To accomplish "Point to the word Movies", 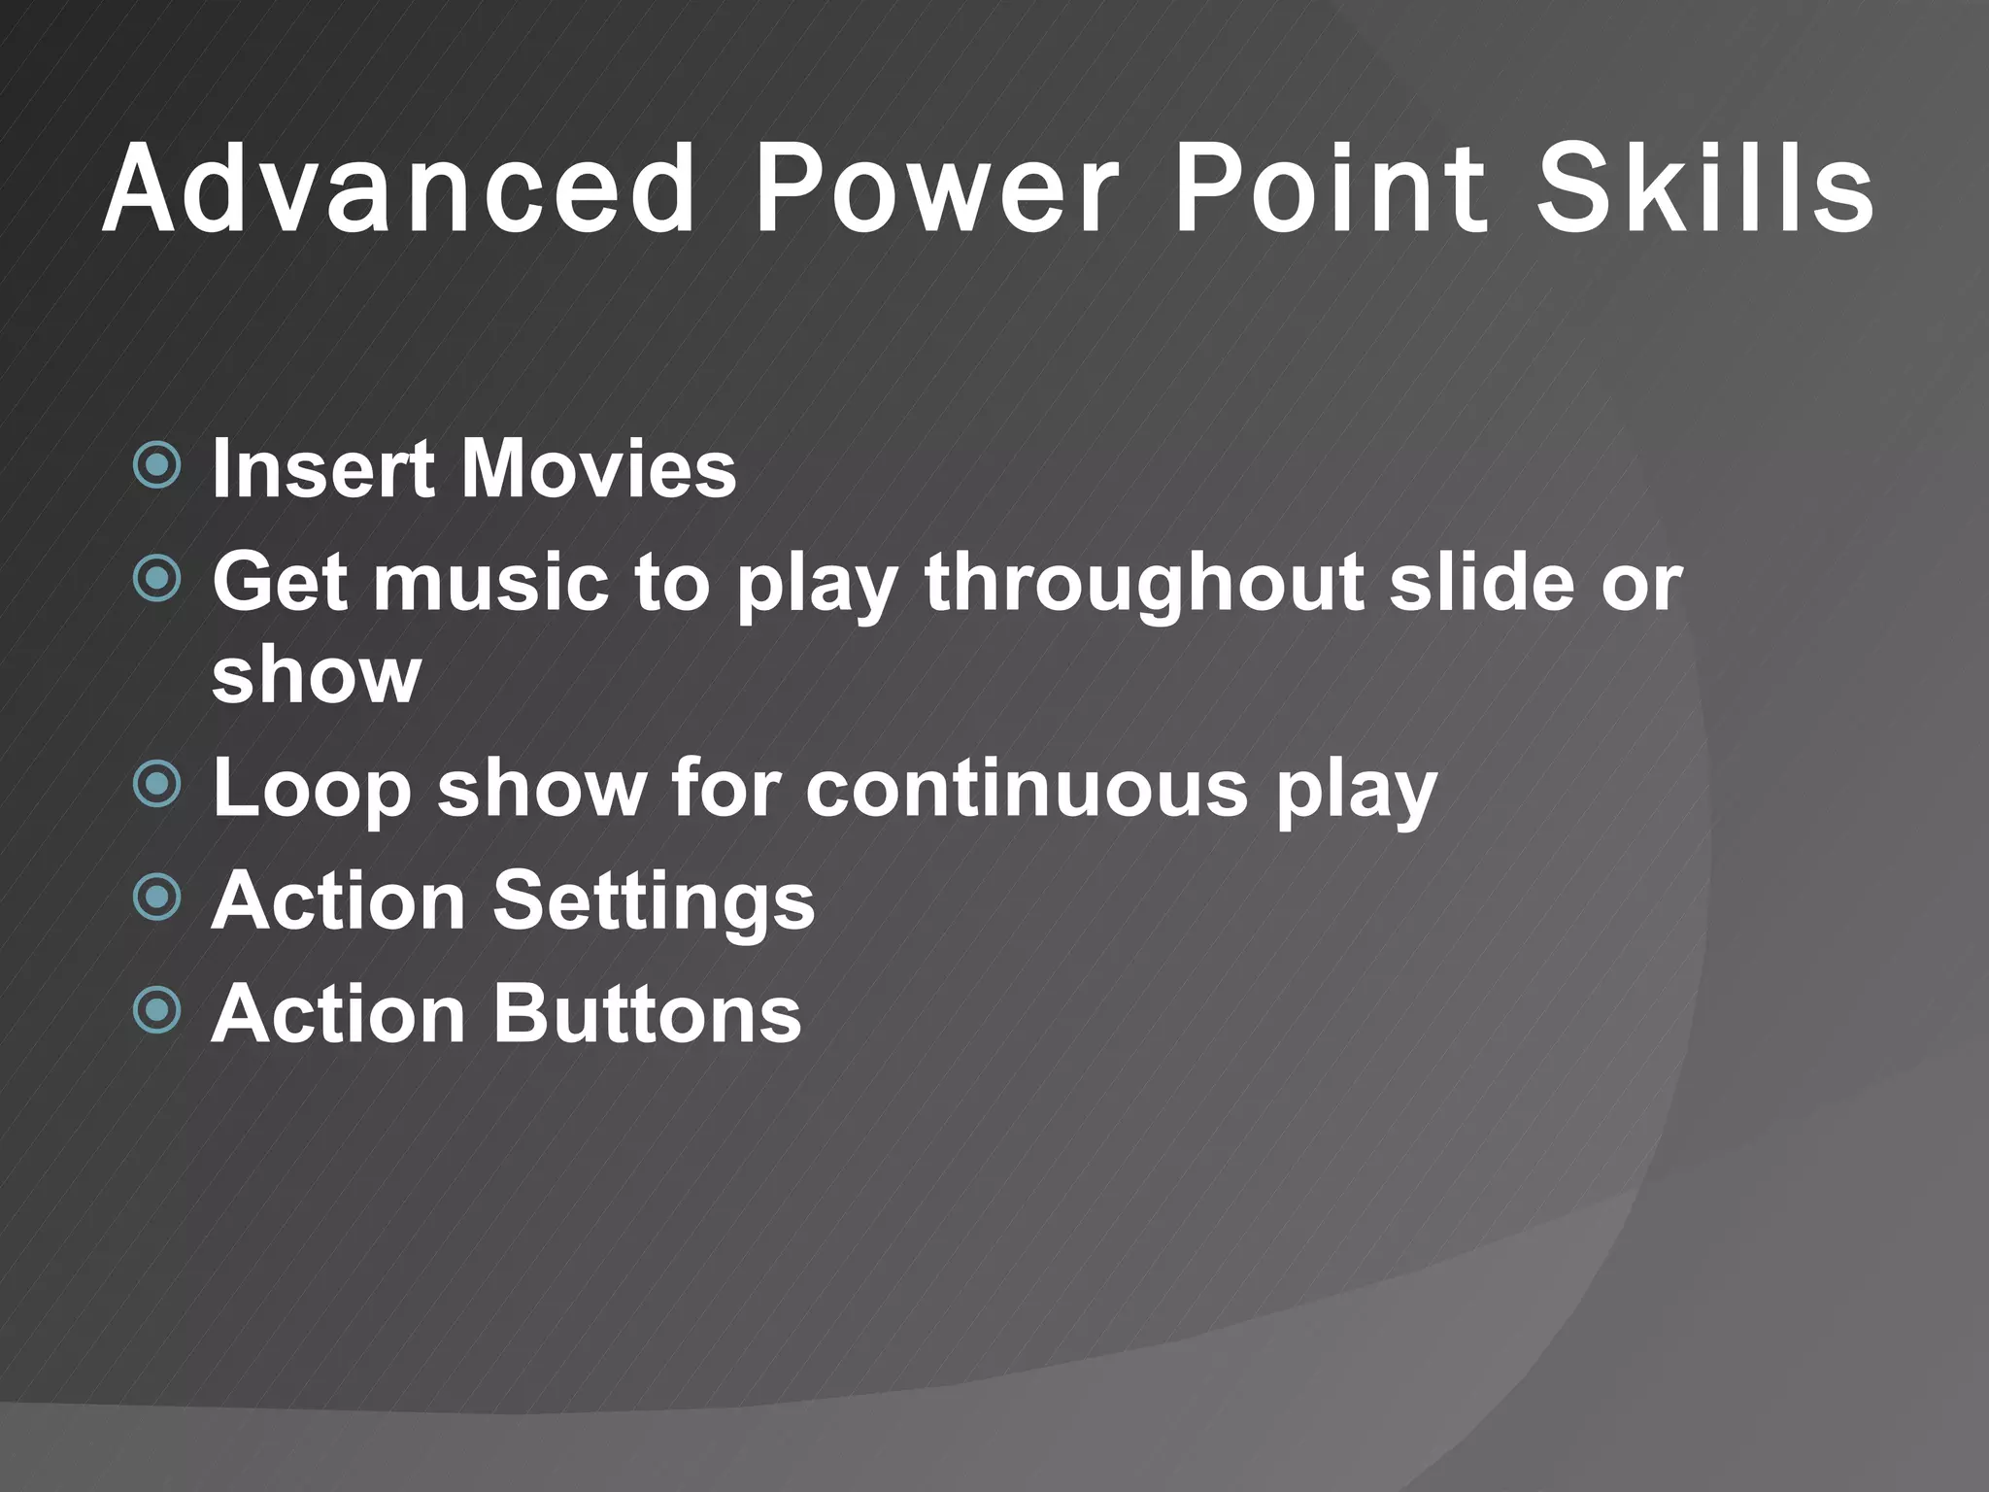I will tap(598, 469).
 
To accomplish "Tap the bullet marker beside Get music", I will tap(156, 580).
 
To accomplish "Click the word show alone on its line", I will tap(317, 674).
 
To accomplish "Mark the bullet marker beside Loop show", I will tap(156, 784).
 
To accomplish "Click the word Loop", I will tap(311, 789).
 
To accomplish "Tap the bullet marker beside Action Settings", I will tap(156, 898).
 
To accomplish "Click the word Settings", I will tap(654, 902).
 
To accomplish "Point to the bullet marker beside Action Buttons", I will tap(156, 1011).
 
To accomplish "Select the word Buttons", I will tap(648, 1013).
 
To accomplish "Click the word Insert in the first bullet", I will tap(322, 469).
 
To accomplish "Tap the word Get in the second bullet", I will tap(281, 583).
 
